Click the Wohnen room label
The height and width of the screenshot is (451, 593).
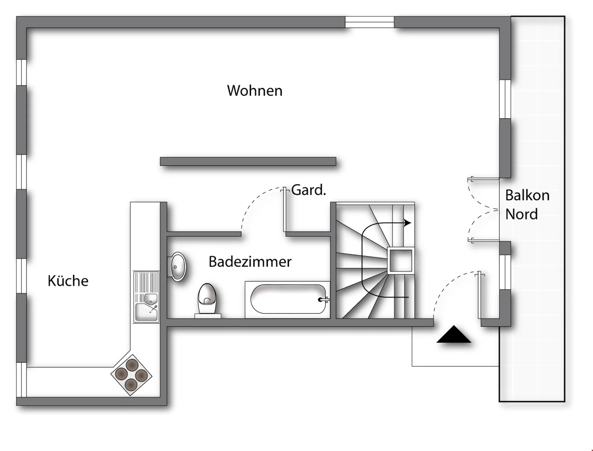(255, 91)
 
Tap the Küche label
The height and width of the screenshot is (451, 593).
(68, 281)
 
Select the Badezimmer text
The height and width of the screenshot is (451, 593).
(250, 262)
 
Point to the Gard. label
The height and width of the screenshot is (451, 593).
(309, 190)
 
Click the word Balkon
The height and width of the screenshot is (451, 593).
(527, 195)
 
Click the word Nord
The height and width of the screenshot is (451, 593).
(521, 214)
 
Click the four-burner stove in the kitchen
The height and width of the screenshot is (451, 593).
(131, 375)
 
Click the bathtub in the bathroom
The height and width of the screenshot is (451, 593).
(288, 300)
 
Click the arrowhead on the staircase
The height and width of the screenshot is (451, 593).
(408, 222)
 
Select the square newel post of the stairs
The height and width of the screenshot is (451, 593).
(401, 261)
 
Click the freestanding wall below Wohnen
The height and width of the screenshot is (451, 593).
(248, 161)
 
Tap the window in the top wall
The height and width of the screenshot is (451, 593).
(369, 22)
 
